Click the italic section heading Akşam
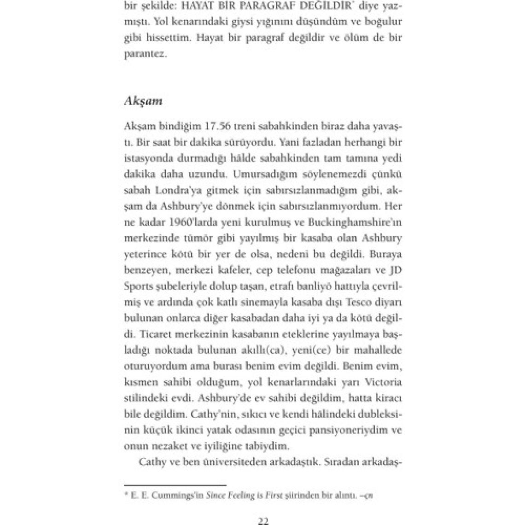(143, 102)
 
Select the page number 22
(263, 521)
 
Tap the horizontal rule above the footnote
(175, 485)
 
